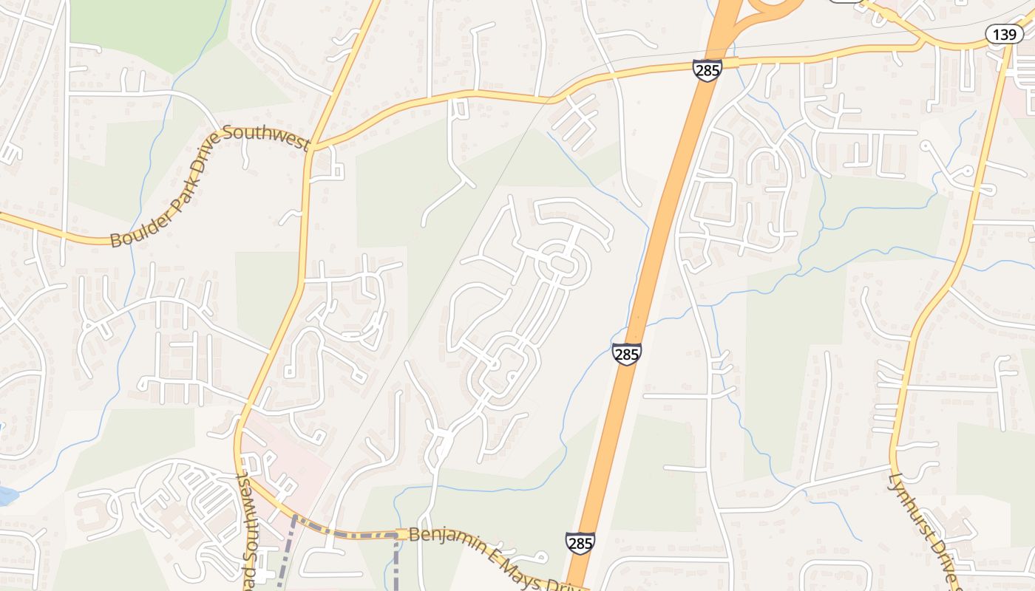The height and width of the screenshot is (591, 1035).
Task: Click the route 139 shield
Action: click(x=1003, y=34)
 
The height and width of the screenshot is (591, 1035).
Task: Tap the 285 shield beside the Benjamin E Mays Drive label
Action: click(x=580, y=543)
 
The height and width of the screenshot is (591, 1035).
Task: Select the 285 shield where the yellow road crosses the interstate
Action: click(x=707, y=71)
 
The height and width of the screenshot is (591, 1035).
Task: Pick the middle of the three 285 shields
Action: click(x=626, y=354)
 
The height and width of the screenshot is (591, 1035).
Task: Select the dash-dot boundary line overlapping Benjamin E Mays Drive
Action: click(x=347, y=533)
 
